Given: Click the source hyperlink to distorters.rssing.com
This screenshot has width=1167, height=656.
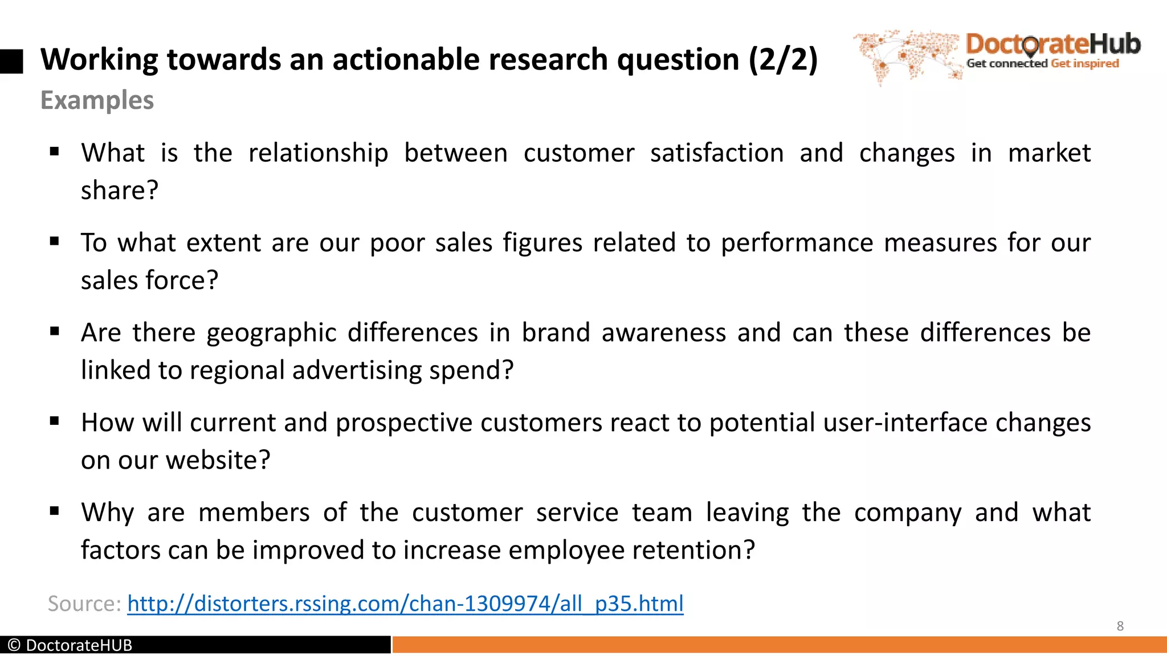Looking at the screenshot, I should [x=405, y=604].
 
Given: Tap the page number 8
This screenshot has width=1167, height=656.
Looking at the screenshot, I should [x=1120, y=626].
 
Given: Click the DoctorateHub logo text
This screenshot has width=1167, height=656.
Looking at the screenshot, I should [x=1053, y=44].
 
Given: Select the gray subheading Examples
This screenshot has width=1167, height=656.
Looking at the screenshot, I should [x=97, y=100].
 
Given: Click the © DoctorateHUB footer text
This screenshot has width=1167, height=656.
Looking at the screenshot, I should [x=70, y=645].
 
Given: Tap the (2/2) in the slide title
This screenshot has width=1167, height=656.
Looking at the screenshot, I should [x=783, y=59].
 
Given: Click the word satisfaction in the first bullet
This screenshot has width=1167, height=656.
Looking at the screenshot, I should [x=717, y=153].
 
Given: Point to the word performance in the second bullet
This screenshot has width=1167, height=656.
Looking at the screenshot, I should [x=797, y=243].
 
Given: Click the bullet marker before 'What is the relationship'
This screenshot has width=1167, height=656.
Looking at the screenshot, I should [x=55, y=151].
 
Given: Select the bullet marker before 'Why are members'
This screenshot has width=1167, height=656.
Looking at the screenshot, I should [x=55, y=511].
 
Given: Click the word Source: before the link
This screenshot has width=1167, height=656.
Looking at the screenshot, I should [x=84, y=604].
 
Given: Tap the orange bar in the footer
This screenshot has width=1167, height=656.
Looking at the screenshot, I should [x=778, y=645].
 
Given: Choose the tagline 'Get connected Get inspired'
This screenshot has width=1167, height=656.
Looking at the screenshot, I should [x=1042, y=64].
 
